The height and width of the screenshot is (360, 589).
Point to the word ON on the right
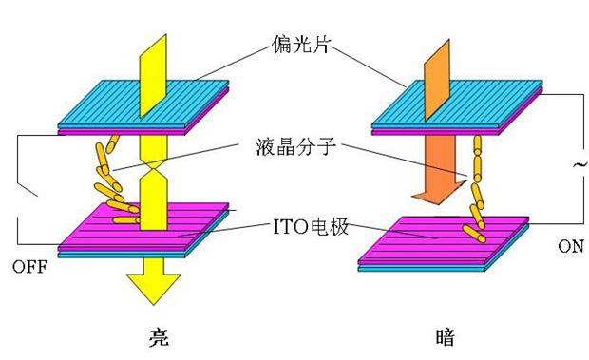[569, 245]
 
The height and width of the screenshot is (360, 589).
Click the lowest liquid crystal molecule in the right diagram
[472, 231]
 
